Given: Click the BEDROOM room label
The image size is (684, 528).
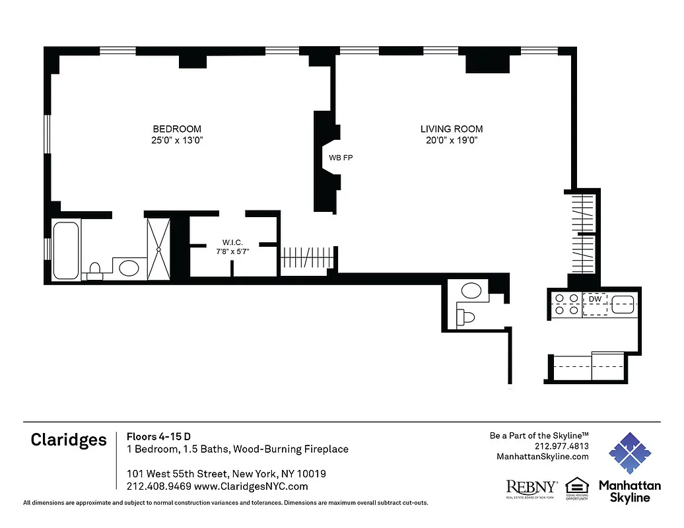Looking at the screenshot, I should coord(177,129).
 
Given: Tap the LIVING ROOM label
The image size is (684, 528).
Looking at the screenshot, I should coord(452,129).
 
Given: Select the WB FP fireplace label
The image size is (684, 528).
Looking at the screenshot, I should coord(341,158).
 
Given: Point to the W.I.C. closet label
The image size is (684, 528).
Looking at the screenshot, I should coord(232,242).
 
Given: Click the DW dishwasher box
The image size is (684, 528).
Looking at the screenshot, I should coord(594,298).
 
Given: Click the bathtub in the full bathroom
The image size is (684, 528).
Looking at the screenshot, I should coord(66,250).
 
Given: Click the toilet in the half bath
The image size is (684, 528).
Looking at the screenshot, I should coord(467,317).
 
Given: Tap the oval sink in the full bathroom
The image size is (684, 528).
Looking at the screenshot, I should coord(129,268).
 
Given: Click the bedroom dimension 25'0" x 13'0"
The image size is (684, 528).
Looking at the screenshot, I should coord(177,141).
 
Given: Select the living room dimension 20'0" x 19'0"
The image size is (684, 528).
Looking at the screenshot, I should coord(452,141).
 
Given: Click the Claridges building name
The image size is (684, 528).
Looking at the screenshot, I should coord(69,440).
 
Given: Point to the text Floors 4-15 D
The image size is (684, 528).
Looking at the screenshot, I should coord(159,436).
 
